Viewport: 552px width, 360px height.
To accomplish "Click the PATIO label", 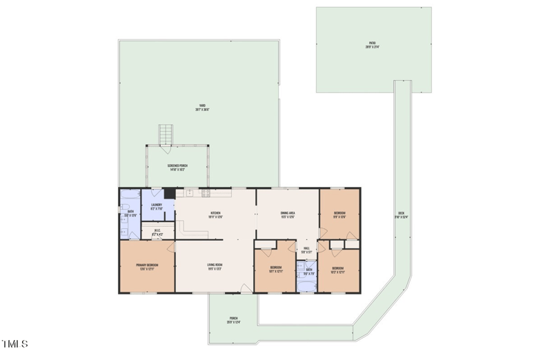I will (373, 46).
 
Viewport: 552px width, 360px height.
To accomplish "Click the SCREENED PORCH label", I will (177, 168).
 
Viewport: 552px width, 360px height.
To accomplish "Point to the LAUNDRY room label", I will (157, 206).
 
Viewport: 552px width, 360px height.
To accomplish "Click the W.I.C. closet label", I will (157, 232).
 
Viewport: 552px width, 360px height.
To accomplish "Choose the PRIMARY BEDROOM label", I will (147, 267).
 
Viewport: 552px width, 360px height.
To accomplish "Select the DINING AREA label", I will (288, 214).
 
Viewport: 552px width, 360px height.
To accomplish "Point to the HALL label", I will (306, 251).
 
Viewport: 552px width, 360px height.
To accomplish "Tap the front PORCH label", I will (233, 320).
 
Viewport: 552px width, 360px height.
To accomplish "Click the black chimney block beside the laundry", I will (168, 194).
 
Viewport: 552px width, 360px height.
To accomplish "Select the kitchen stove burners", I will (204, 192).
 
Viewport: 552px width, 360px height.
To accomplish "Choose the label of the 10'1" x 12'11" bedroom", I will (275, 269).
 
